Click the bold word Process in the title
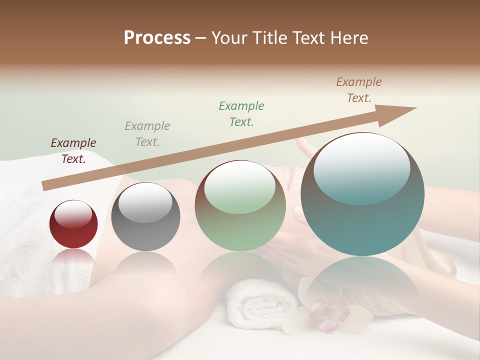(x=157, y=38)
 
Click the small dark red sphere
(x=73, y=224)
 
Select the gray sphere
(x=145, y=217)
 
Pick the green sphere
(x=240, y=206)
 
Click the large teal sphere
(x=362, y=194)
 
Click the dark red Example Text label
(x=73, y=150)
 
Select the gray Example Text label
(x=147, y=133)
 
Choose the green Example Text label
(x=241, y=113)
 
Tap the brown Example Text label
(x=359, y=90)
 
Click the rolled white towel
(x=260, y=302)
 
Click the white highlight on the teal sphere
(x=361, y=167)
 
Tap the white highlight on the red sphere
(x=73, y=213)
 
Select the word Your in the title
(x=230, y=38)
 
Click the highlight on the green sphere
(x=239, y=187)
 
